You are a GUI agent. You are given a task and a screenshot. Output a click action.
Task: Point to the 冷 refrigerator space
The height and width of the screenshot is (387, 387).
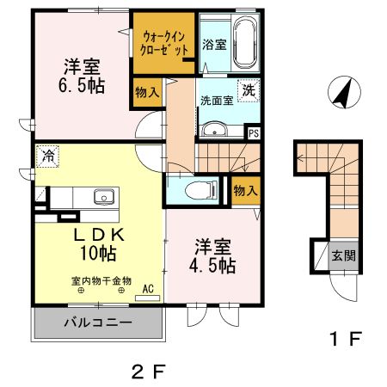pyautogui.click(x=47, y=159)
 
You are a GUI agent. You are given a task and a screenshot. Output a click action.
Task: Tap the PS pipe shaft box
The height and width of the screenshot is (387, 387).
pyautogui.click(x=254, y=133)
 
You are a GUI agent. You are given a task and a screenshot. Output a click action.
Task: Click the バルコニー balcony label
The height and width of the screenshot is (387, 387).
pyautogui.click(x=96, y=323)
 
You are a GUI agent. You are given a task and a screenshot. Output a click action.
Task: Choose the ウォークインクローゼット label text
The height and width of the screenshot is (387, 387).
pyautogui.click(x=163, y=43)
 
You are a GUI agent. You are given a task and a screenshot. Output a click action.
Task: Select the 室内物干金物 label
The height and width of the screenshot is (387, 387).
pyautogui.click(x=101, y=281)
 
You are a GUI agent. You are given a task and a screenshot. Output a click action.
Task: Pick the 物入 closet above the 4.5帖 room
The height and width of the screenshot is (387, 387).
pyautogui.click(x=245, y=191)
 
